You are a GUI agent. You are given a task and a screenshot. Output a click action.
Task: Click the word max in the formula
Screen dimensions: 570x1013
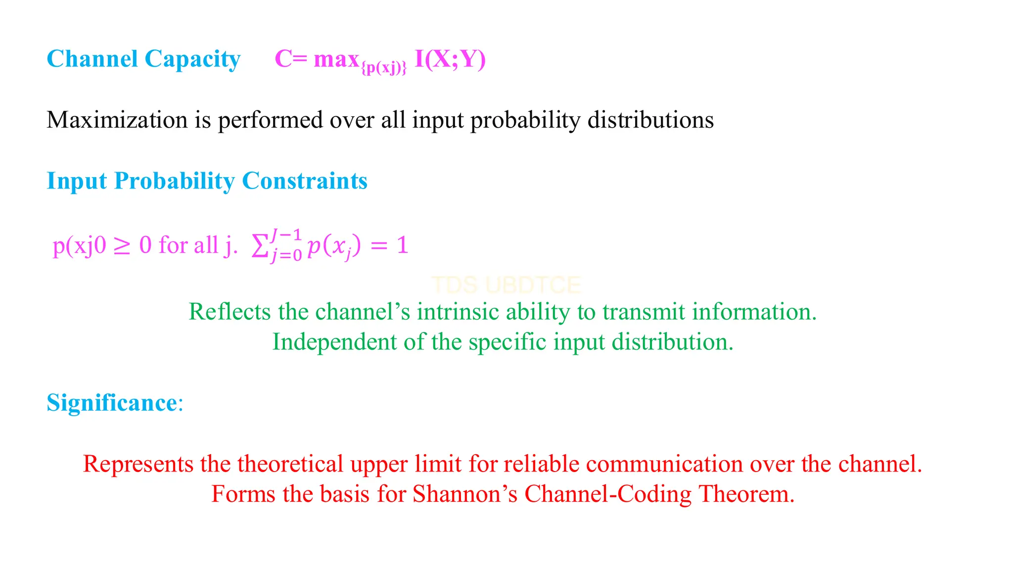tap(336, 59)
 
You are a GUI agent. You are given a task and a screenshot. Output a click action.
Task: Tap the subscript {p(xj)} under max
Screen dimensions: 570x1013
tap(384, 68)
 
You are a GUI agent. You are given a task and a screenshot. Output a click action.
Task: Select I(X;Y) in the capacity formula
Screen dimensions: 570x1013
tap(450, 59)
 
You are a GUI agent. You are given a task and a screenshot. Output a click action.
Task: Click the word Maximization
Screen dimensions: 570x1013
tap(117, 120)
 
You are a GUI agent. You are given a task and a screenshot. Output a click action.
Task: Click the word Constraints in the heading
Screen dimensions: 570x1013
tap(304, 181)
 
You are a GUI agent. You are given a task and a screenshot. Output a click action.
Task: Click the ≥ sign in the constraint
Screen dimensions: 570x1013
tap(122, 246)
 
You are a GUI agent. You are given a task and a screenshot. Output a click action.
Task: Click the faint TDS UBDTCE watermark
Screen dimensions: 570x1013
tap(506, 285)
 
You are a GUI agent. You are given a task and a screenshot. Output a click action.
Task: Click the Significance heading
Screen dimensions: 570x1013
tap(112, 402)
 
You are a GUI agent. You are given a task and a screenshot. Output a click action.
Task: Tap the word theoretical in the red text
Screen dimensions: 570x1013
tap(290, 464)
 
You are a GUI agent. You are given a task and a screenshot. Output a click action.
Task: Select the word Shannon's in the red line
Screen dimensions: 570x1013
tap(465, 494)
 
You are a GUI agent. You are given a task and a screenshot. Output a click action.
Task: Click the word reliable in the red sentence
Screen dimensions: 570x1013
tap(541, 464)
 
